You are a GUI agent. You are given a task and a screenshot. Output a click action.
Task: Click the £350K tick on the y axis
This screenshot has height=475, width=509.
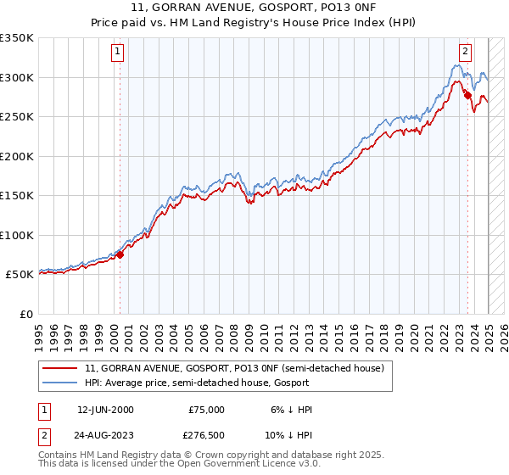pyautogui.click(x=17, y=38)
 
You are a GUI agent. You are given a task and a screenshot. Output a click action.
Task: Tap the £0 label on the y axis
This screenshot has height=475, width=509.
pyautogui.click(x=26, y=314)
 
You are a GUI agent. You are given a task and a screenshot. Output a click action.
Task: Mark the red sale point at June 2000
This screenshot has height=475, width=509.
pyautogui.click(x=120, y=254)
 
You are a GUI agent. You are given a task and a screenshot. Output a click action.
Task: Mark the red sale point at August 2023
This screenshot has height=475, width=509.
pyautogui.click(x=468, y=96)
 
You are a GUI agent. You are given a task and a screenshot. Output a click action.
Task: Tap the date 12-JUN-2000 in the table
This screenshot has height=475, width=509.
pyautogui.click(x=105, y=410)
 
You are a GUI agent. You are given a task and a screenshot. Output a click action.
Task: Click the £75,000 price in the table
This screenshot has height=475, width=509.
pyautogui.click(x=206, y=410)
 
